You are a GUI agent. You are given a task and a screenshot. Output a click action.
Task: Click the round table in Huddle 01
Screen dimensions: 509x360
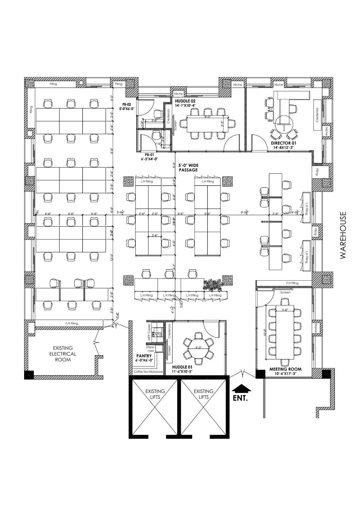pos(199,347)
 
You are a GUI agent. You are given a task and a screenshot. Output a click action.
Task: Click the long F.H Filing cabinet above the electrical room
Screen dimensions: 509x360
pos(72,323)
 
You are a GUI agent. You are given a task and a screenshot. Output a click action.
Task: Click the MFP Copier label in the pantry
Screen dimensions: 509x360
pos(149,331)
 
